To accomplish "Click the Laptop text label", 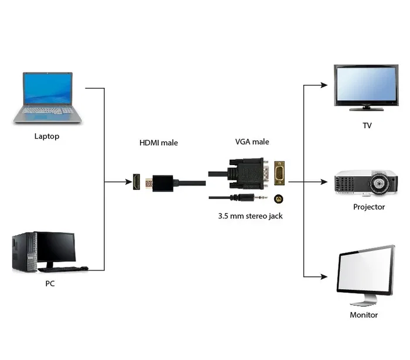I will (47, 136).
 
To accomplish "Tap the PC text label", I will (50, 283).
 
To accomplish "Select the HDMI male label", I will (158, 142).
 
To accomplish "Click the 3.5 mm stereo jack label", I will (250, 216).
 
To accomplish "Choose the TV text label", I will (367, 125).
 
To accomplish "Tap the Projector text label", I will (369, 207).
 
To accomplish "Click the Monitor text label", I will (364, 315).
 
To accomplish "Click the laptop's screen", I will (48, 88).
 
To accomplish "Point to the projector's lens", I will (380, 184).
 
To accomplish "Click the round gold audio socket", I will (279, 198).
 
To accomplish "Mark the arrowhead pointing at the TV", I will (324, 85).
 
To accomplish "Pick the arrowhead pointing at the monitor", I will (324, 276).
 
